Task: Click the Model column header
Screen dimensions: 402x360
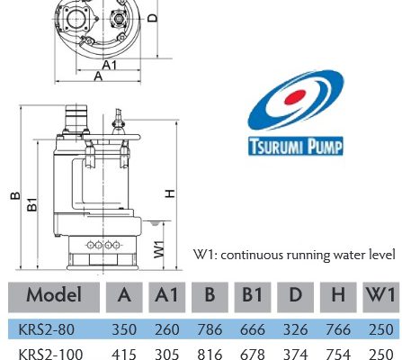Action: (x=54, y=295)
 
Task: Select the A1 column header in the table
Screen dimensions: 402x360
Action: (x=166, y=295)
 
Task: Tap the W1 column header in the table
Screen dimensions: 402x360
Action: (x=380, y=295)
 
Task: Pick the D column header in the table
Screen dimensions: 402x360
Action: (x=295, y=295)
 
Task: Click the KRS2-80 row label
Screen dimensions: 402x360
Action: (x=47, y=329)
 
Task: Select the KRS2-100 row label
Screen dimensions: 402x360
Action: (x=50, y=354)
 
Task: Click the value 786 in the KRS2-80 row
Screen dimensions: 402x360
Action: (x=210, y=329)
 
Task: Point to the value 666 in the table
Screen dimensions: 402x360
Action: (x=253, y=329)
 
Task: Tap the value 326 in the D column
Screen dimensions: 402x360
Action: (x=296, y=329)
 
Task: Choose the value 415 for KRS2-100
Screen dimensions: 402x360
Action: (x=124, y=355)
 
